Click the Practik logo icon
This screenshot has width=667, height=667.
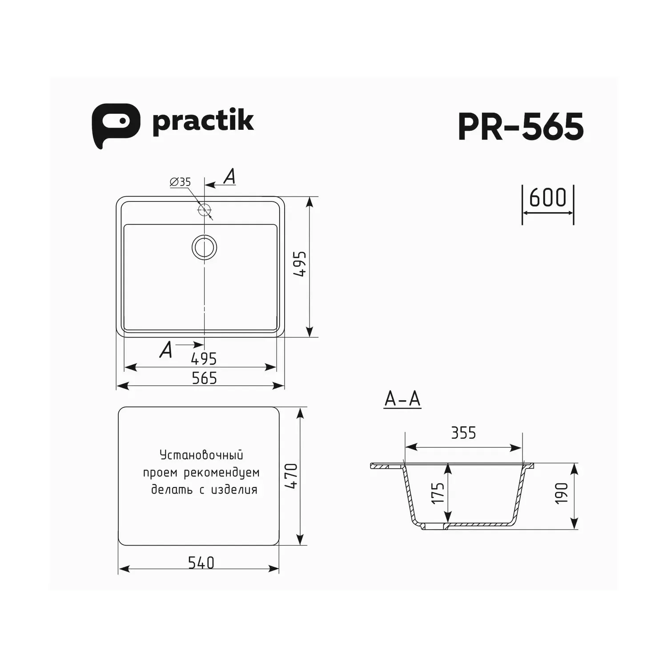pyautogui.click(x=115, y=125)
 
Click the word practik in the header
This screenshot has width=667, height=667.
pyautogui.click(x=203, y=121)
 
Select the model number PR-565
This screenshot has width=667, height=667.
pyautogui.click(x=520, y=127)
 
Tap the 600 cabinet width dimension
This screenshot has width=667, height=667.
pyautogui.click(x=548, y=198)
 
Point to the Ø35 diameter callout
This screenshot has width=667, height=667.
pyautogui.click(x=180, y=182)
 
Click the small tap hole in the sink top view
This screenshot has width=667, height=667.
pyautogui.click(x=205, y=209)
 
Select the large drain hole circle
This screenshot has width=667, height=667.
pyautogui.click(x=205, y=247)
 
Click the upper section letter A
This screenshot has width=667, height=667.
pyautogui.click(x=229, y=177)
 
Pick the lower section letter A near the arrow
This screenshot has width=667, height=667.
pyautogui.click(x=166, y=350)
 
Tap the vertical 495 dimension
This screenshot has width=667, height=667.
pyautogui.click(x=301, y=265)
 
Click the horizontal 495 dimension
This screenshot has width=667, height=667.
pyautogui.click(x=204, y=358)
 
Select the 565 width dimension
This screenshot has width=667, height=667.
pyautogui.click(x=204, y=378)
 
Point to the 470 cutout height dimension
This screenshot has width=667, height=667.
pyautogui.click(x=291, y=476)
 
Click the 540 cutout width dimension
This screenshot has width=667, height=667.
pyautogui.click(x=201, y=563)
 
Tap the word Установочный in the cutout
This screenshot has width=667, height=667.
pyautogui.click(x=201, y=455)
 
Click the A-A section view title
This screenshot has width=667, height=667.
pyautogui.click(x=402, y=399)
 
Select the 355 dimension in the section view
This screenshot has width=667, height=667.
pyautogui.click(x=463, y=433)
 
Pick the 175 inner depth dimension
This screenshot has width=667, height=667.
pyautogui.click(x=438, y=493)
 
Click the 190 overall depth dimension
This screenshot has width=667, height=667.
pyautogui.click(x=562, y=493)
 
